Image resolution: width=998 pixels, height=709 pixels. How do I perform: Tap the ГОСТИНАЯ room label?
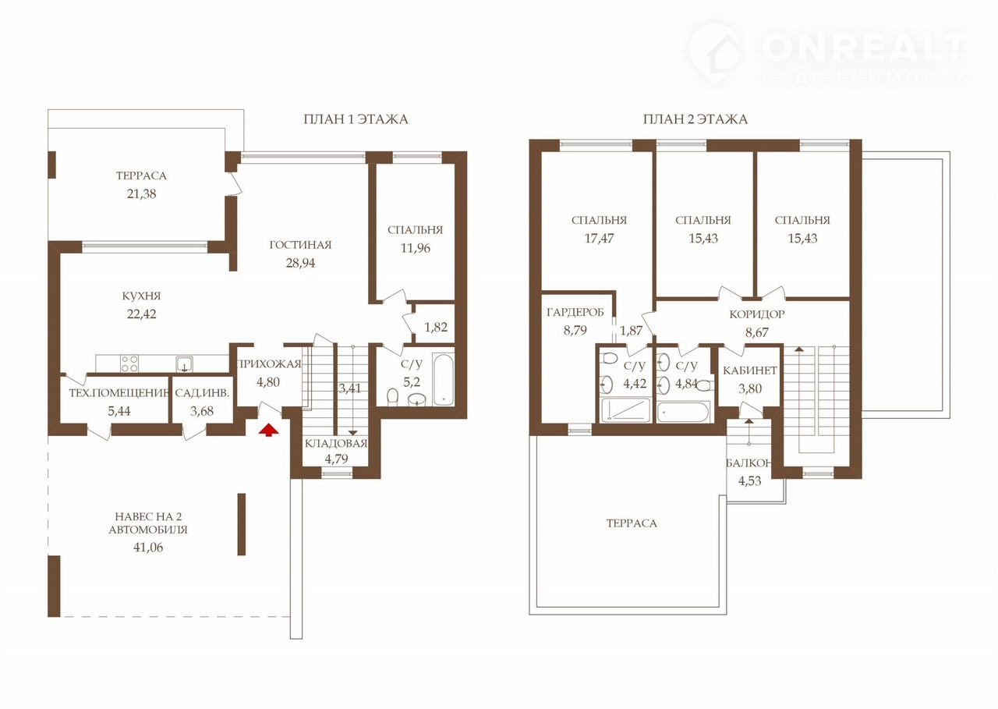[300, 245]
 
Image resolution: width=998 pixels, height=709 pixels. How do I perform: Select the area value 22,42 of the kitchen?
[141, 314]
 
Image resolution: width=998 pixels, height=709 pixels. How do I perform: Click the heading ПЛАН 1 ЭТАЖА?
[356, 119]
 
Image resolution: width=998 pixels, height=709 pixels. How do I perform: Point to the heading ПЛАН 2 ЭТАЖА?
[695, 119]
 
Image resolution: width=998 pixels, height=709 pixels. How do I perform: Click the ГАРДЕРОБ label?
[575, 312]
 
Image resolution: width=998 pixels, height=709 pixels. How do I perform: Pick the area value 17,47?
[599, 239]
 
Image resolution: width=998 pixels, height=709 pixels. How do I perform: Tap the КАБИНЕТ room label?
[750, 370]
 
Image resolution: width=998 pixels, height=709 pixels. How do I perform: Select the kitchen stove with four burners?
[129, 363]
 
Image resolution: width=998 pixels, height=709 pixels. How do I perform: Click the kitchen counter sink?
[184, 363]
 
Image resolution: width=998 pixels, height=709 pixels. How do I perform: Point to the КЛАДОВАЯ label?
[336, 443]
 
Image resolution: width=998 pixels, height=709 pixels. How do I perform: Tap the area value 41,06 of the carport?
[148, 548]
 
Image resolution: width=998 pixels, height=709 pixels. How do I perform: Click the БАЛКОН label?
[748, 463]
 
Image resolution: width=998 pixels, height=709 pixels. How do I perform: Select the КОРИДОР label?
[756, 314]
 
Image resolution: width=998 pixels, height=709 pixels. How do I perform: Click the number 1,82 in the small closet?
[435, 327]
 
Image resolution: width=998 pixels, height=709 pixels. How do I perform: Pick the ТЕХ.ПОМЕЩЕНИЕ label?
[119, 392]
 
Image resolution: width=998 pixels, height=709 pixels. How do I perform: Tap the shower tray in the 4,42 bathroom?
[625, 410]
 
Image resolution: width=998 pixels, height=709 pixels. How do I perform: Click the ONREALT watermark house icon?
[716, 55]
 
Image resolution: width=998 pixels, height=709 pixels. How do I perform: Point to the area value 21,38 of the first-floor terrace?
[141, 194]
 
